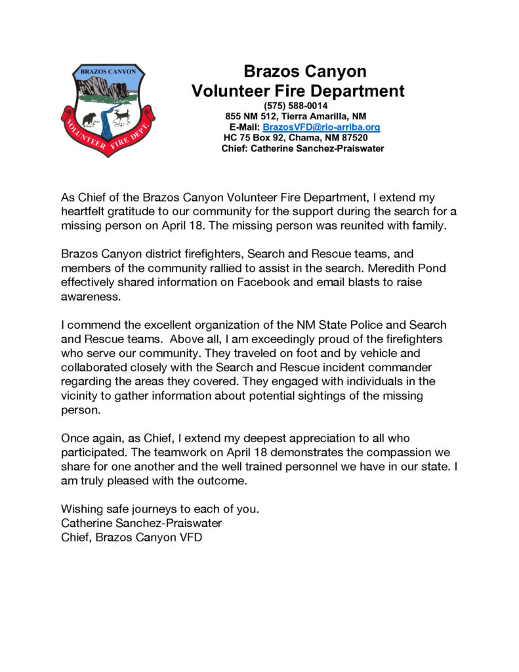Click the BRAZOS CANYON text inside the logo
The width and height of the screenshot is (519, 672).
[x=108, y=70]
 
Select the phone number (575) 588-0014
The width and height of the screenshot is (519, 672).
[x=295, y=106]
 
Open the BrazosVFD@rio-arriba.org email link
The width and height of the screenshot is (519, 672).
[x=322, y=127]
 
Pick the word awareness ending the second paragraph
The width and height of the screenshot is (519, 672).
[x=89, y=295]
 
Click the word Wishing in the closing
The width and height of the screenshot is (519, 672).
[x=81, y=509]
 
